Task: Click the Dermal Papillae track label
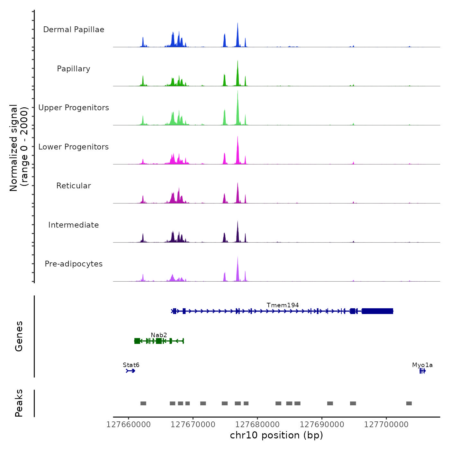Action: tap(74, 30)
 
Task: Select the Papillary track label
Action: tap(74, 69)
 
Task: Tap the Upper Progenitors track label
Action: tap(74, 108)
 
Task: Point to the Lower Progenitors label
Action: tap(74, 147)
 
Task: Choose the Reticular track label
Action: tap(74, 186)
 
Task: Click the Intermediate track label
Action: tap(74, 225)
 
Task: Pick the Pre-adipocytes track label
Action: tap(74, 264)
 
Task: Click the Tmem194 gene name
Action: tap(283, 305)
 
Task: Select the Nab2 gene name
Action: tap(159, 335)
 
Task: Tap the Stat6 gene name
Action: tap(131, 365)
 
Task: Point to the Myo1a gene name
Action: tap(422, 365)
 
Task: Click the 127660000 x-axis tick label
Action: tap(128, 425)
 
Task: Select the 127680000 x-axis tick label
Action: tap(257, 425)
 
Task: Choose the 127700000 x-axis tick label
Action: tap(386, 425)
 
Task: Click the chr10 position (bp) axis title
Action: tap(276, 435)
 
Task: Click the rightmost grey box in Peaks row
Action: tap(409, 403)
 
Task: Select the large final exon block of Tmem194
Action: tap(377, 311)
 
